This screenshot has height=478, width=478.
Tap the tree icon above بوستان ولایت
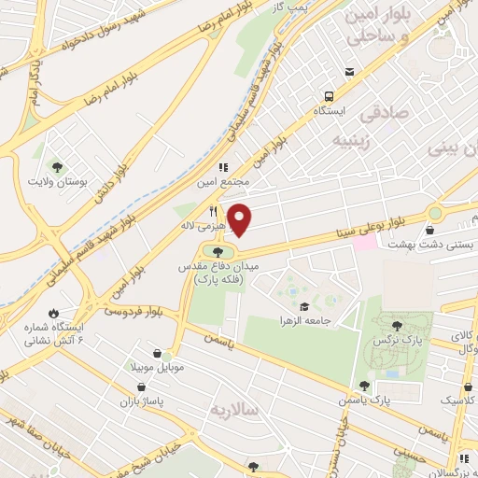point(58,166)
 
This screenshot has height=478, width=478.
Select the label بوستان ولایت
point(58,181)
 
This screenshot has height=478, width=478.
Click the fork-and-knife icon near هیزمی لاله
point(214,211)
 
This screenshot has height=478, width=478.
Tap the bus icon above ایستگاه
point(329,95)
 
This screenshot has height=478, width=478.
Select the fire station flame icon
point(53,314)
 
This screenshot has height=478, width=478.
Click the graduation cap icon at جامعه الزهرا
point(303,306)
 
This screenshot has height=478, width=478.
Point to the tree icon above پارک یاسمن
point(365,385)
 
